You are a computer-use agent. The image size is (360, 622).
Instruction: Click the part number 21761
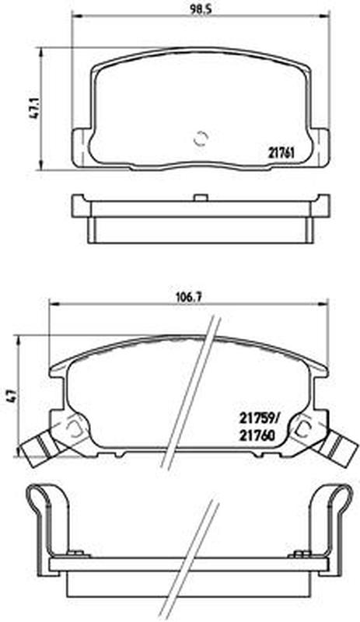coord(281,152)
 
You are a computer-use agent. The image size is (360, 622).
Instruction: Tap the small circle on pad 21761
coord(201,138)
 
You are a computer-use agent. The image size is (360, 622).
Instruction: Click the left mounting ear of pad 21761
coord(81,149)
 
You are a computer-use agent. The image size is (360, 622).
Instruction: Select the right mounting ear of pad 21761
coord(320,148)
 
